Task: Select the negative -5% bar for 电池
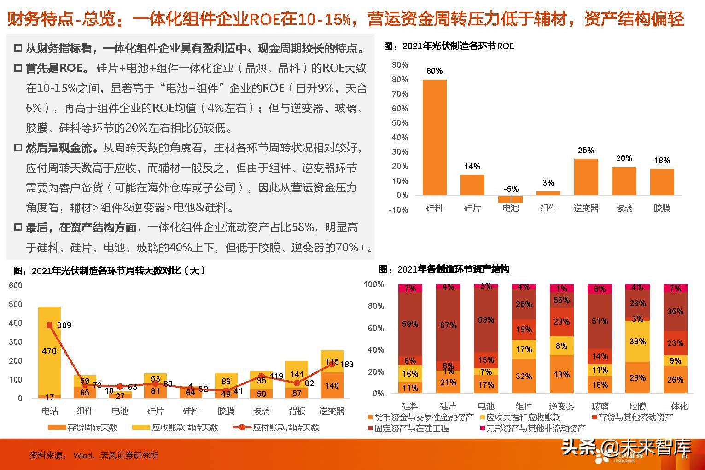click(510, 199)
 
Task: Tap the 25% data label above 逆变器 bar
click(586, 151)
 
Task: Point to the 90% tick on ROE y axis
click(400, 65)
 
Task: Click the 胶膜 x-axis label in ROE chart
click(662, 208)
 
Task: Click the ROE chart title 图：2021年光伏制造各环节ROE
click(449, 46)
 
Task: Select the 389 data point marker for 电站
click(50, 325)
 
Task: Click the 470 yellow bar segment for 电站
click(50, 351)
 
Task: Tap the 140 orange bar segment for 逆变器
click(332, 386)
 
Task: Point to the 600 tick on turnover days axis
click(16, 285)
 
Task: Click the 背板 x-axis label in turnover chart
click(297, 411)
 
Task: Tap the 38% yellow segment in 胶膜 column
click(637, 341)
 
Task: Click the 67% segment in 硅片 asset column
click(448, 325)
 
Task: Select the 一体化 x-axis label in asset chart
click(675, 406)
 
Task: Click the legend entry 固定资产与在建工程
click(411, 429)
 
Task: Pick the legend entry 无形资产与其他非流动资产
click(535, 429)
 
